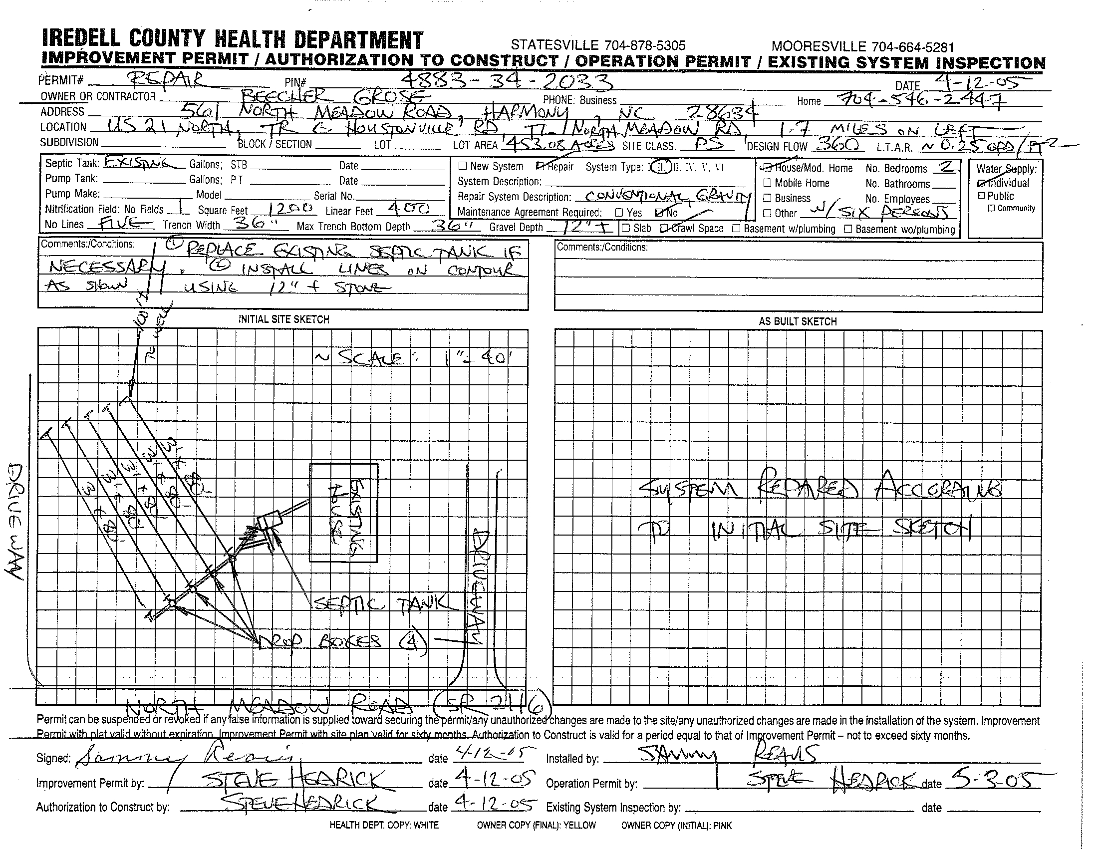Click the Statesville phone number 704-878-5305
tap(598, 45)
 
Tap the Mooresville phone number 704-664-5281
tap(863, 47)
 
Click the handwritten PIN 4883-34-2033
tap(508, 81)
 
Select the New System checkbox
tap(463, 166)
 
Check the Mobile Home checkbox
tap(767, 183)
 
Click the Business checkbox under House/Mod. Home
tap(767, 198)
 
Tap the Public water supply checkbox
tap(981, 196)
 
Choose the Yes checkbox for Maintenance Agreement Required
tap(619, 213)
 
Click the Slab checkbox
tap(626, 228)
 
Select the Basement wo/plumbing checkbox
tap(848, 229)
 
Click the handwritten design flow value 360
tap(836, 145)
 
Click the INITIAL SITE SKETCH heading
tap(283, 319)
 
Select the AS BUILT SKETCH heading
tap(798, 322)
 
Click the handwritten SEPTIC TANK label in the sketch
tap(380, 603)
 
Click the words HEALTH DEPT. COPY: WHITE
tap(384, 826)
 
